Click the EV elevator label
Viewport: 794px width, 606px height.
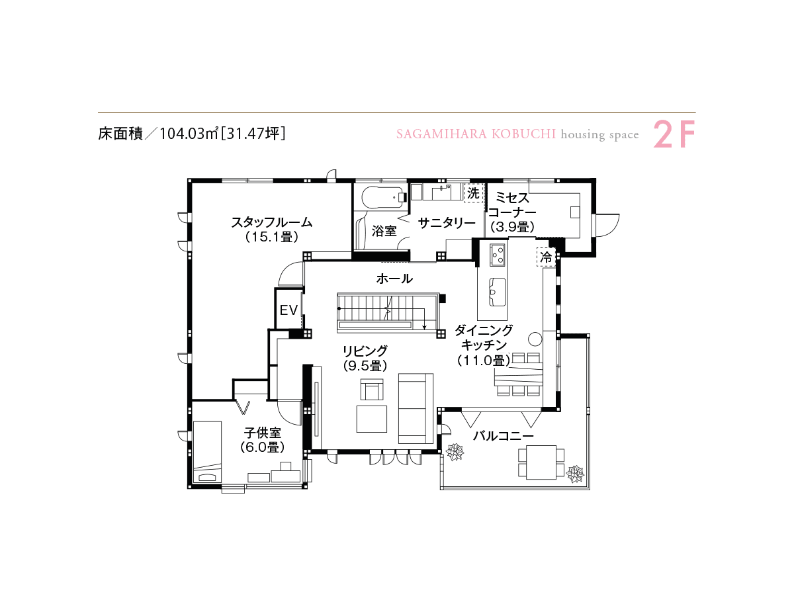coord(288,310)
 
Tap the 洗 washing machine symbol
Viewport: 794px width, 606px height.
coord(473,193)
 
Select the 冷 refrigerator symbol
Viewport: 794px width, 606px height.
coord(546,257)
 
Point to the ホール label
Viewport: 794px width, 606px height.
coord(394,279)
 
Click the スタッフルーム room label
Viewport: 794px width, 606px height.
coord(271,222)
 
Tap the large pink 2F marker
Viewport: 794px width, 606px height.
coord(674,134)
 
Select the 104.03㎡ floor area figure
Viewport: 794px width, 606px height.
coord(188,134)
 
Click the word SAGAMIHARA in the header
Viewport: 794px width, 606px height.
coord(441,134)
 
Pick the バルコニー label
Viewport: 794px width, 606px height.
coord(503,436)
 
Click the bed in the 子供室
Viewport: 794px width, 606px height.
coord(207,452)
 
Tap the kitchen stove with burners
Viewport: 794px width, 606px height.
coord(498,255)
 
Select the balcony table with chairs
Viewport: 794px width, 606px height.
coord(541,462)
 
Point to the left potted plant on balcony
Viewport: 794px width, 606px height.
coord(455,453)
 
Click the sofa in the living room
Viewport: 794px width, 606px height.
coord(416,408)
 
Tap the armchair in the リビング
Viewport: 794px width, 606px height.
coord(372,390)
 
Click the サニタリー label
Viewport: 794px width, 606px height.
coord(447,223)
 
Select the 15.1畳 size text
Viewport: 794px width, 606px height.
coord(271,237)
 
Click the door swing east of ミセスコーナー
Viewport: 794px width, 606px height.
coord(607,225)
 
